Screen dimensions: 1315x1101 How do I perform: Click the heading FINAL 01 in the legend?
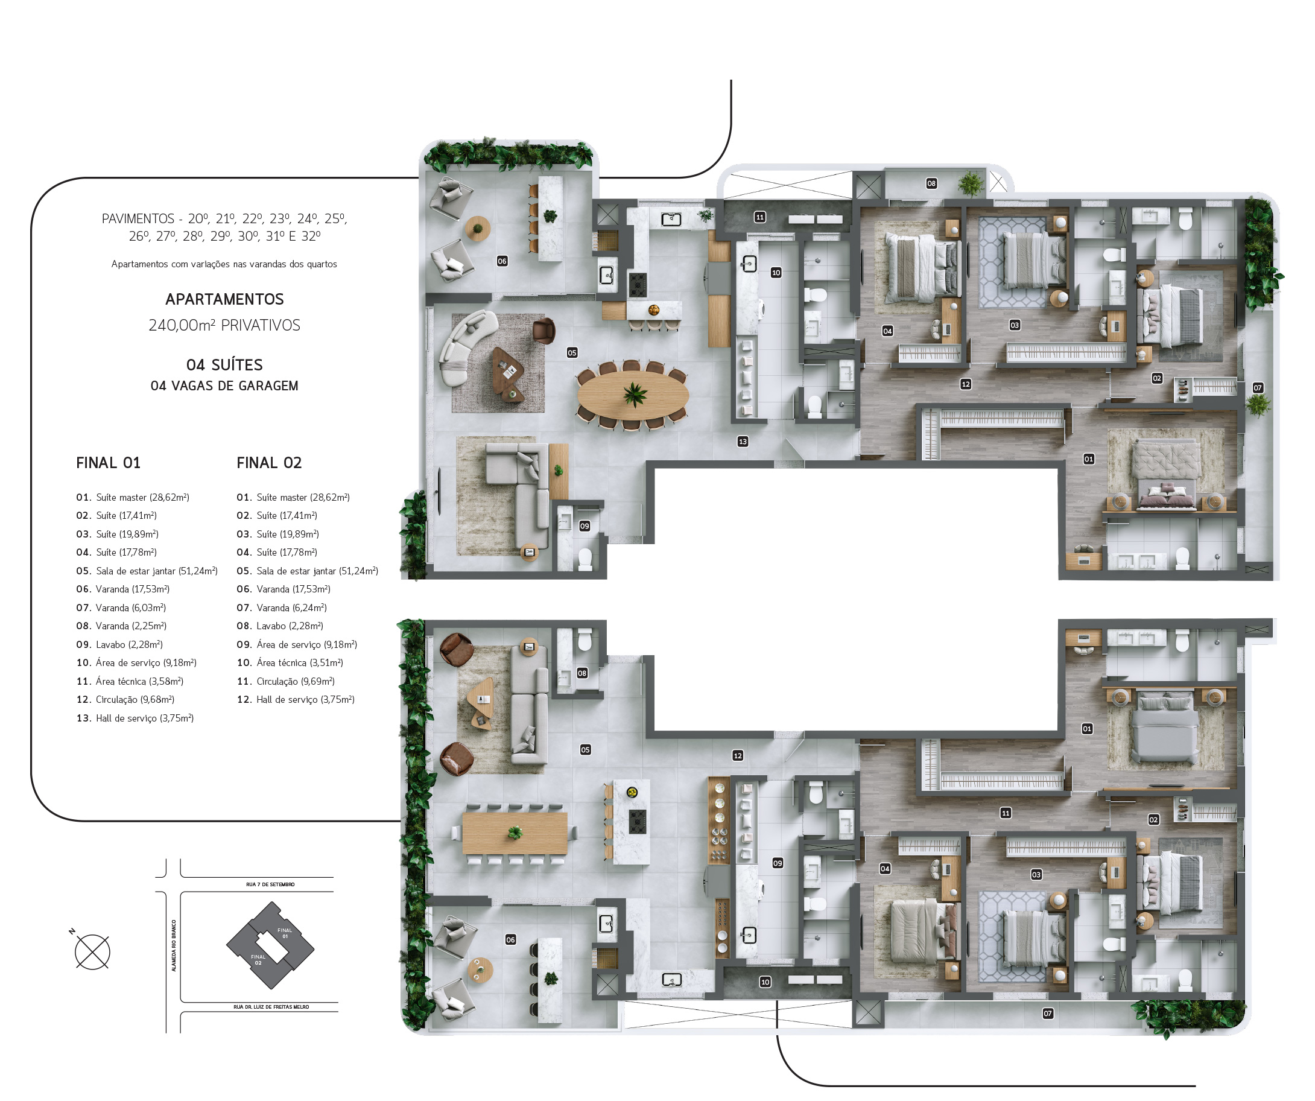(109, 463)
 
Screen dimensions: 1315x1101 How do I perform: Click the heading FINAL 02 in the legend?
(269, 463)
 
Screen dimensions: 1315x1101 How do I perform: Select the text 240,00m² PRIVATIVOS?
(224, 325)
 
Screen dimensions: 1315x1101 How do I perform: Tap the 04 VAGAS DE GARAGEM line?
(224, 386)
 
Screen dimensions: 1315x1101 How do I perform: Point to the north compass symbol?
(92, 952)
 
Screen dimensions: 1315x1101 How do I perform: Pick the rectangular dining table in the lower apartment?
(515, 833)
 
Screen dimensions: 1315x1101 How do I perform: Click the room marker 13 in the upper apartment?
(743, 442)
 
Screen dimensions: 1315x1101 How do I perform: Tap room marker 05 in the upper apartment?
(572, 352)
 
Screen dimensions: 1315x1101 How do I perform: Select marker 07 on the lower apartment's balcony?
(1048, 1014)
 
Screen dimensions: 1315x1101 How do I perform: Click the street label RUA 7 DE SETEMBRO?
(270, 884)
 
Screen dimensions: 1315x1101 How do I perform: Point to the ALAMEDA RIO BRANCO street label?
(174, 946)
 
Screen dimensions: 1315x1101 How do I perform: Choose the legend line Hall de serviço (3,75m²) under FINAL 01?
(135, 719)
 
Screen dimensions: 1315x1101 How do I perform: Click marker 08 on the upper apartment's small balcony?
(932, 183)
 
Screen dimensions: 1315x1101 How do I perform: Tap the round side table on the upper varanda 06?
(477, 228)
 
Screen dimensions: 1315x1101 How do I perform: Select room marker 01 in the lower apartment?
(1087, 729)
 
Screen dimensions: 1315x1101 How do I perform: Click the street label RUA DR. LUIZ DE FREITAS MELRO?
(271, 1007)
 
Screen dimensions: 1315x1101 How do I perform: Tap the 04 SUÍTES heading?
(224, 365)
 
